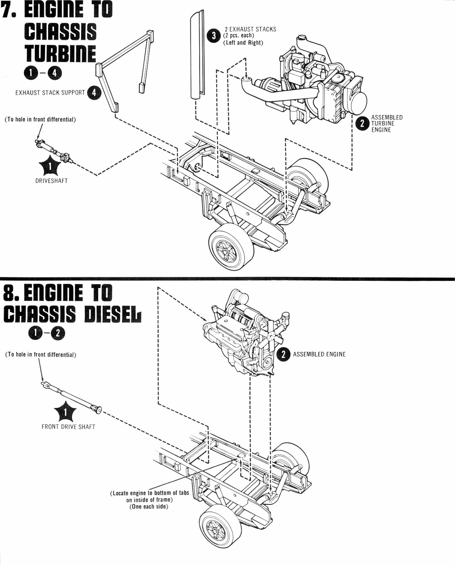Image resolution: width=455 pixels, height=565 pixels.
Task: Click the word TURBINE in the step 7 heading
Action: (x=60, y=54)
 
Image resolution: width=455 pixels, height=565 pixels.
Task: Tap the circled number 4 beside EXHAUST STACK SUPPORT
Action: (x=94, y=92)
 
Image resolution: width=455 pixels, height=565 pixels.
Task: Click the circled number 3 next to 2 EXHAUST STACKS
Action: (x=213, y=36)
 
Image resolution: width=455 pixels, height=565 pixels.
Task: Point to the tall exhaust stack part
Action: (x=198, y=54)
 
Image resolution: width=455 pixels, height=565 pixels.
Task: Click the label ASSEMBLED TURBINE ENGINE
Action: (x=386, y=123)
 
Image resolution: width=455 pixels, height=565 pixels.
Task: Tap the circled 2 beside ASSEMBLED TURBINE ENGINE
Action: (x=362, y=123)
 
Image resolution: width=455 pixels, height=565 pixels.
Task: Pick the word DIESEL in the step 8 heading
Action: (x=113, y=314)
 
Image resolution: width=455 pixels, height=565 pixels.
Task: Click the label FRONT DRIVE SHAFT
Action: (x=68, y=427)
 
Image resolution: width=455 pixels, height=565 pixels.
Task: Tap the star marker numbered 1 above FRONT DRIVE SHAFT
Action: (x=65, y=412)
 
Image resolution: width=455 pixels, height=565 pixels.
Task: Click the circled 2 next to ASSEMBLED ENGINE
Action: (x=283, y=354)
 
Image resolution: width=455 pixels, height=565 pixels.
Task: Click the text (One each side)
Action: (x=149, y=506)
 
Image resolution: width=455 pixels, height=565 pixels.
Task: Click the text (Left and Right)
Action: (x=243, y=43)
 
